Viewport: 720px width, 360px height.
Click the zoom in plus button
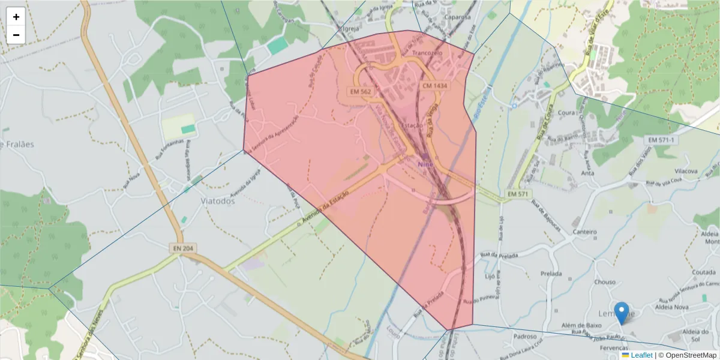(16, 17)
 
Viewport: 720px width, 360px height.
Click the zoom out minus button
(16, 35)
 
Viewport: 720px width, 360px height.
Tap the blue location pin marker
(622, 313)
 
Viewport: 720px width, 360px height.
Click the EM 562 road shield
(361, 91)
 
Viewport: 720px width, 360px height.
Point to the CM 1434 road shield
(435, 86)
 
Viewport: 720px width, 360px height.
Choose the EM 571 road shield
(517, 194)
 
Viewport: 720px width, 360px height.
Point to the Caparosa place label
(457, 17)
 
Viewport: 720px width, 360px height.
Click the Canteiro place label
(585, 232)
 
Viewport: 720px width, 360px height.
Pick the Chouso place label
(605, 281)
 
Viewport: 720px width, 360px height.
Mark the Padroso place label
(524, 337)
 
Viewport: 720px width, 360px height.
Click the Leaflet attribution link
(641, 355)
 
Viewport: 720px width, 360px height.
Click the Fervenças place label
(614, 348)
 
